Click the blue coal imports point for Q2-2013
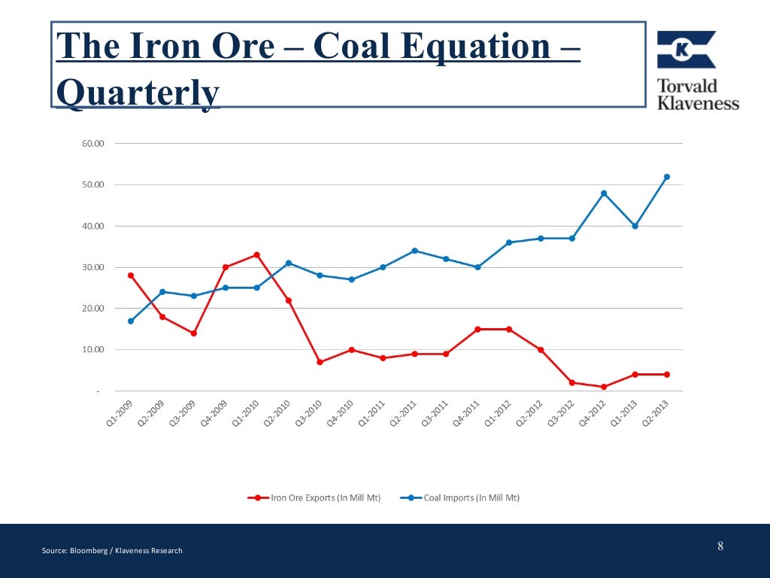tap(666, 177)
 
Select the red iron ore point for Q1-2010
tap(256, 254)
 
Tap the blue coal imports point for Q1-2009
tap(131, 321)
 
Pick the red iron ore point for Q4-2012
tap(604, 387)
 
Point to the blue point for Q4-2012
tap(604, 193)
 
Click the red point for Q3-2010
tap(320, 362)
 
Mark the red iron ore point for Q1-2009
tap(131, 275)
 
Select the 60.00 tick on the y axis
tap(93, 143)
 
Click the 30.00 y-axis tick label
tap(93, 267)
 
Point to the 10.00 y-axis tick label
tap(93, 350)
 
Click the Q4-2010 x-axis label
tap(340, 412)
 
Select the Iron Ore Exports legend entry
tap(316, 497)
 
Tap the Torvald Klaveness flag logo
tap(686, 50)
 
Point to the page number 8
tap(720, 546)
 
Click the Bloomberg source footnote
tap(112, 551)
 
